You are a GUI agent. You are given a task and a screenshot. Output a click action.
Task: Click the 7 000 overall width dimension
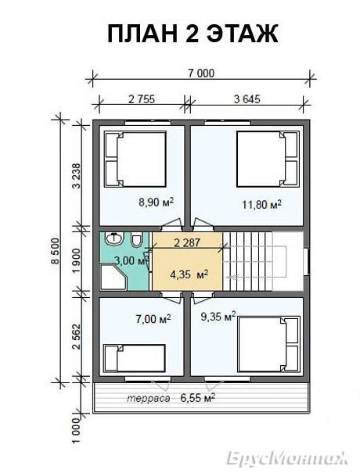[x=201, y=73]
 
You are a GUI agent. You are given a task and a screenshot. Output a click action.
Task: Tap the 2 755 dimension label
[x=142, y=99]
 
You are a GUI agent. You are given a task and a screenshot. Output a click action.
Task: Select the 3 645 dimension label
[x=247, y=99]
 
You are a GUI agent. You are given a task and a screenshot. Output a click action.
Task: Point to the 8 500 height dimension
[x=56, y=251]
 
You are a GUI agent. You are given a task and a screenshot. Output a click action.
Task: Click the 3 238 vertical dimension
[x=77, y=176]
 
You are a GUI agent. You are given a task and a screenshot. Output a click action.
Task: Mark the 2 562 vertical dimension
[x=77, y=337]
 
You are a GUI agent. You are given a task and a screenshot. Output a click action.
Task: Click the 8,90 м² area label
[x=157, y=202]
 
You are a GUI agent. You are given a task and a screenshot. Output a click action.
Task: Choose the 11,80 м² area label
[x=262, y=205]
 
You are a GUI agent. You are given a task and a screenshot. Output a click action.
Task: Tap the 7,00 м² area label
[x=153, y=318]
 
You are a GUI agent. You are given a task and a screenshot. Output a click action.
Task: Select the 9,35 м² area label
[x=218, y=317]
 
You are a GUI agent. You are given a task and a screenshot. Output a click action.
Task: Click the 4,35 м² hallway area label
[x=189, y=274]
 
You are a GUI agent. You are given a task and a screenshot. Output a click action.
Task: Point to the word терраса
[x=148, y=399]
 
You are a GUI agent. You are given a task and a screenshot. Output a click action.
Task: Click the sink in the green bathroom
[x=114, y=238]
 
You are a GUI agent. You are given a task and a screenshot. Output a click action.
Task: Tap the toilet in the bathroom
[x=136, y=241]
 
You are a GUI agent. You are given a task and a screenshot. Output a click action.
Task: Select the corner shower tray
[x=113, y=278]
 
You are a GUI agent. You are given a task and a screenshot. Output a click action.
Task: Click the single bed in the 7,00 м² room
[x=135, y=358]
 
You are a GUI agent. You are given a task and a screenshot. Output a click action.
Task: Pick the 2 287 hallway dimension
[x=187, y=242]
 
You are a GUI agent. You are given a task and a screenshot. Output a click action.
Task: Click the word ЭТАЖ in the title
[x=242, y=34]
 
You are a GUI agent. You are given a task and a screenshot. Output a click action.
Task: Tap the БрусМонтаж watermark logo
[x=287, y=457]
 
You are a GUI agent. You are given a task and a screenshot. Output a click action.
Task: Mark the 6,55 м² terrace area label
[x=198, y=398]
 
